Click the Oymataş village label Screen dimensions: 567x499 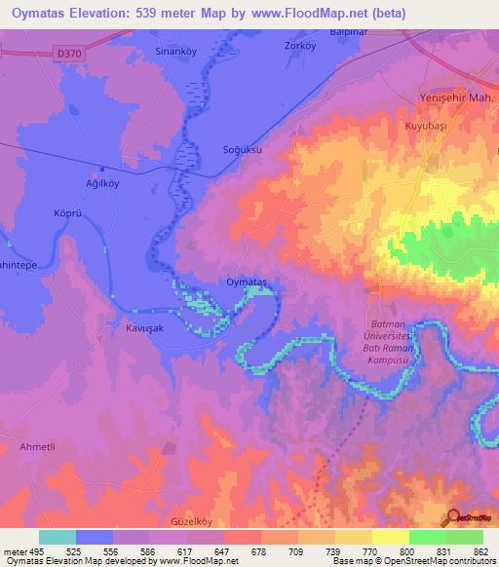(x=246, y=281)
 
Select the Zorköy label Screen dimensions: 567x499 (x=299, y=46)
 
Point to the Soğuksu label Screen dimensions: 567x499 (x=243, y=151)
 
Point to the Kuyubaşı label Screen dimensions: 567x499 (x=424, y=127)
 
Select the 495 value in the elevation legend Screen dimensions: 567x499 (x=29, y=550)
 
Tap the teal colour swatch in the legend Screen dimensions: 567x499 (x=58, y=537)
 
